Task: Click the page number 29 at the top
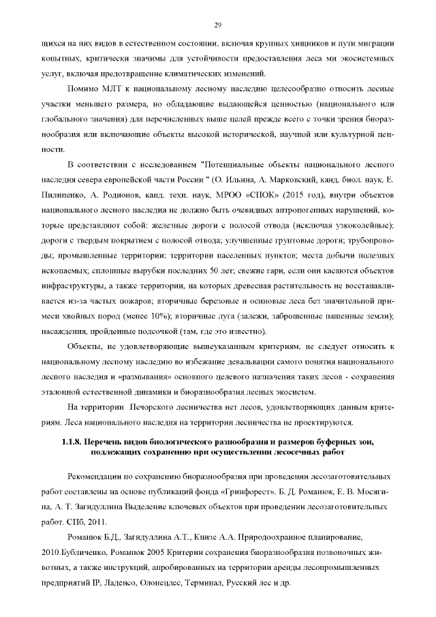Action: pyautogui.click(x=218, y=26)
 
